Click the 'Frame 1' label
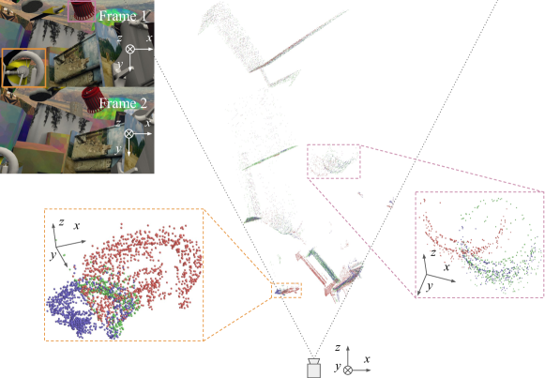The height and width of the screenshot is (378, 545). point(122,16)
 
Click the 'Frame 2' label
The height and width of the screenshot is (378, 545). point(123,103)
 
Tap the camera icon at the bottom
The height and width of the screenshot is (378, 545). point(314,368)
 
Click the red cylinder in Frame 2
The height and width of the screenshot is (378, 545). point(92,98)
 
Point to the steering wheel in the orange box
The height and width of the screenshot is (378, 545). point(24,68)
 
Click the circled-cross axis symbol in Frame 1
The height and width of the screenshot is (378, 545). point(129,49)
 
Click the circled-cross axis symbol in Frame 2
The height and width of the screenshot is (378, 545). point(129,133)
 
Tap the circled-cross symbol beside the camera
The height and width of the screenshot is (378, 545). point(348,370)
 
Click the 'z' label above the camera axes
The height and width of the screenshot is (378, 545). point(337,347)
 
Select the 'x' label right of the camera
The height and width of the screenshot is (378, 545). point(367,359)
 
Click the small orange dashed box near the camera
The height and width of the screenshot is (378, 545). point(286,290)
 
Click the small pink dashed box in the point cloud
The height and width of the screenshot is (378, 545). point(334,161)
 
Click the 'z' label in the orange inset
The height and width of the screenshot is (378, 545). point(61,221)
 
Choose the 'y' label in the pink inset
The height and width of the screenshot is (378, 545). point(430,286)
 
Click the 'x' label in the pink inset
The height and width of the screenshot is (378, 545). point(447,266)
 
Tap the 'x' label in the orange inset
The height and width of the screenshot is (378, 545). point(77,225)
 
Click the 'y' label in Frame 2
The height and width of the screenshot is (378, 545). point(118,149)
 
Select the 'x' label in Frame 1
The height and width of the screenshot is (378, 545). point(149,38)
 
